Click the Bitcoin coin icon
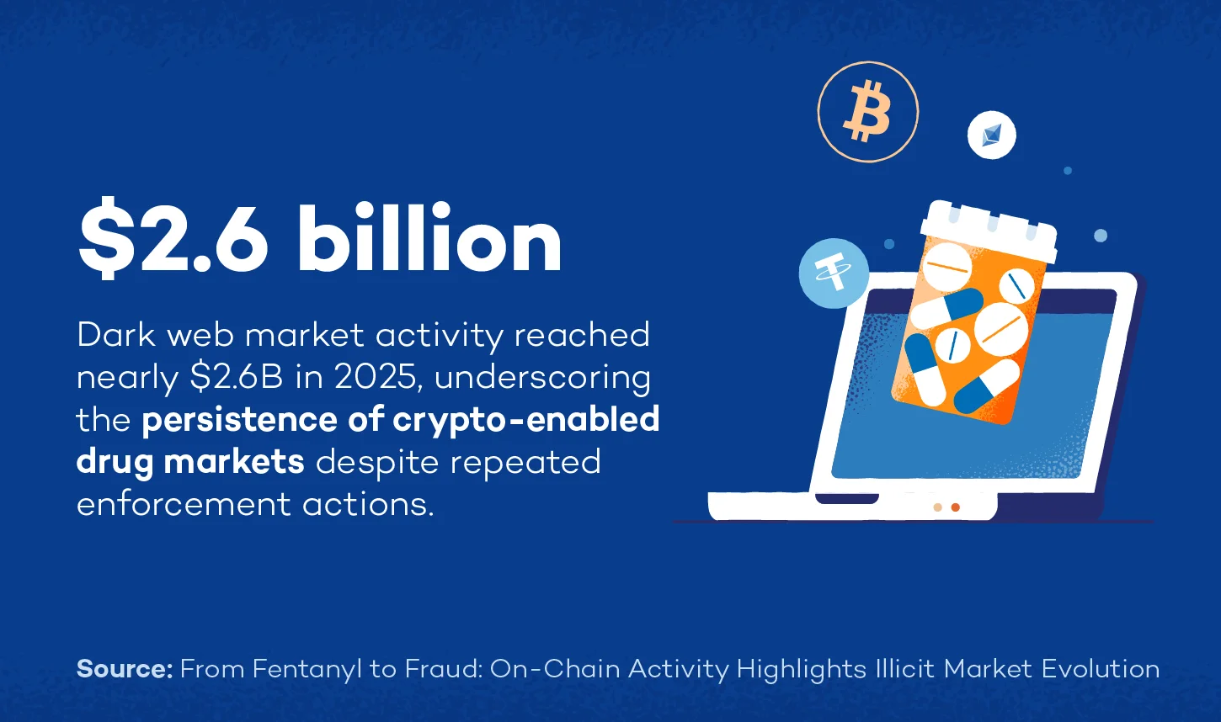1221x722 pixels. pyautogui.click(x=867, y=111)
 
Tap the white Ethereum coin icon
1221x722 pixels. pyautogui.click(x=991, y=135)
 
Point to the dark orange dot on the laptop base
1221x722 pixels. pyautogui.click(x=955, y=507)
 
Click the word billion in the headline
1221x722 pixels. pyautogui.click(x=429, y=240)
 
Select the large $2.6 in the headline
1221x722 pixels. pyautogui.click(x=173, y=240)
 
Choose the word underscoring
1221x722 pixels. pyautogui.click(x=542, y=377)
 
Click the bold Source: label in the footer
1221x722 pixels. pyautogui.click(x=125, y=669)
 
